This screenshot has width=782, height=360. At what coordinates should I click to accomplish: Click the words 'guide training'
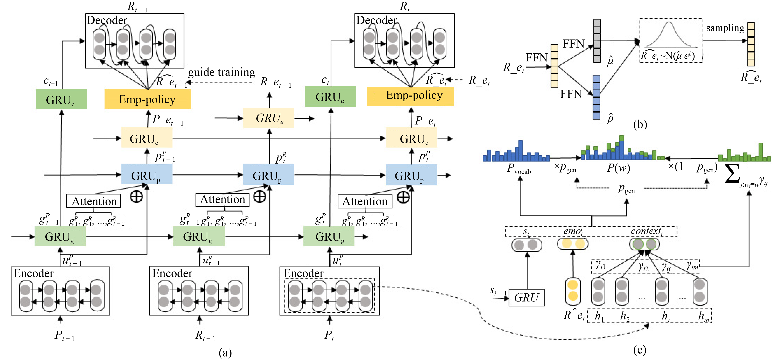click(221, 72)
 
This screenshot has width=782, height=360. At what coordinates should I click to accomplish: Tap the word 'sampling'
click(725, 28)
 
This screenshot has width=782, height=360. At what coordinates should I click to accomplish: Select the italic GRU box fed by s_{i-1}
click(526, 298)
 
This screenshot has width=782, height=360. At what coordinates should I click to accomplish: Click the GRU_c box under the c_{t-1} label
click(61, 99)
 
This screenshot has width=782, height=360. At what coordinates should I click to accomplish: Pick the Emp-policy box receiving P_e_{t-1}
click(148, 99)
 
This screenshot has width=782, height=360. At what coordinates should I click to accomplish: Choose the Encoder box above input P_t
click(329, 291)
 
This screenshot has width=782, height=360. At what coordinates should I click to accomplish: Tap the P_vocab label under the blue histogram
click(518, 169)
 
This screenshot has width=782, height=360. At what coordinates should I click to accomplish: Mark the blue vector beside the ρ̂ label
click(596, 97)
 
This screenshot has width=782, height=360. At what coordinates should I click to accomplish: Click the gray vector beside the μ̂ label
click(597, 41)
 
